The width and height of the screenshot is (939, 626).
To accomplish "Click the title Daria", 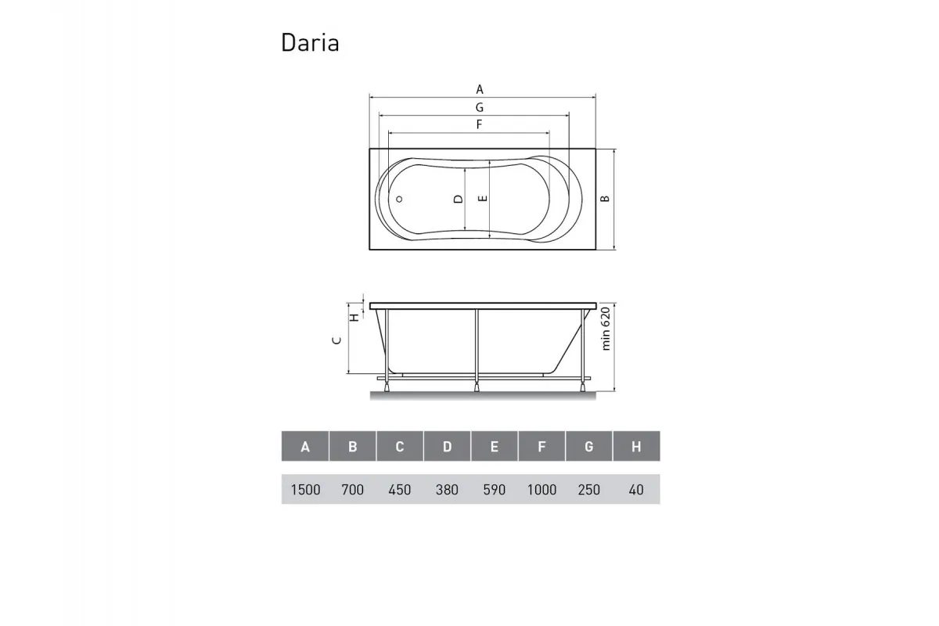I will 310,42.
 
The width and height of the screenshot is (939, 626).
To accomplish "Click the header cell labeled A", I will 305,447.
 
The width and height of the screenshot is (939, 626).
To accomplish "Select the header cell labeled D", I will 447,447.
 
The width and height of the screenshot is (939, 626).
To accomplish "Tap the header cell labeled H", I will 636,447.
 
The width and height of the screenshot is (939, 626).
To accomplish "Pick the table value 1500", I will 305,490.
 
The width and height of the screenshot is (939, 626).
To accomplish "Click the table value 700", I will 353,490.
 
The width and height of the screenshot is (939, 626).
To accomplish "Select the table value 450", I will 400,490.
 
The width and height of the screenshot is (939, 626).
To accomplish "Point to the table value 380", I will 447,490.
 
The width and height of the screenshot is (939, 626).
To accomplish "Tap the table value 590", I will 495,490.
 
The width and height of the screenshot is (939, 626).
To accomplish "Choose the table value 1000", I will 541,490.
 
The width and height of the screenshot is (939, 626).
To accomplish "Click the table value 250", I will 588,490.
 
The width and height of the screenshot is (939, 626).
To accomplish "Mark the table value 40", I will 636,490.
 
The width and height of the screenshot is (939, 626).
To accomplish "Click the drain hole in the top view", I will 399,199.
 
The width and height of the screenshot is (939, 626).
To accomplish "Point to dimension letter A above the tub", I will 480,89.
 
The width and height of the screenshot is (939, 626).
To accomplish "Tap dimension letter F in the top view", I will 478,124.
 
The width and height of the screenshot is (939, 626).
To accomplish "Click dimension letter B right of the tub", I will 605,199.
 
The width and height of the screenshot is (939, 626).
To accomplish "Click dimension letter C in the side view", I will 336,340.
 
